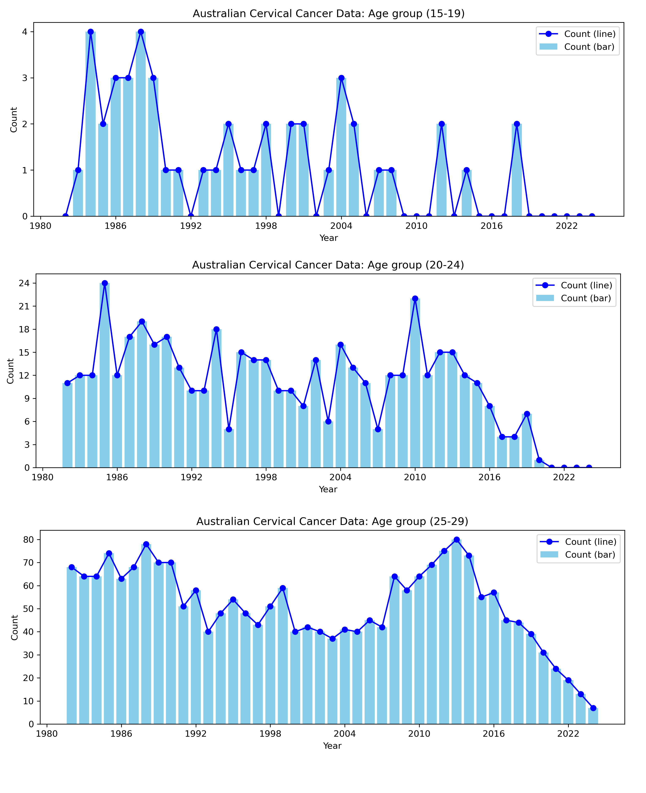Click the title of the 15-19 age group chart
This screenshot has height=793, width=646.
(x=328, y=14)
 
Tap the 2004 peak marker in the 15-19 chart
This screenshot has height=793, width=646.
(x=341, y=78)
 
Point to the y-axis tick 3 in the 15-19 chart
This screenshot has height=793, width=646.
(x=25, y=78)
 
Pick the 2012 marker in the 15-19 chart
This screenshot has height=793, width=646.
(x=441, y=124)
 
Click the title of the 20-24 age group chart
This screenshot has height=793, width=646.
(x=328, y=265)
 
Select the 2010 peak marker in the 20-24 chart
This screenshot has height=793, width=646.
(x=415, y=299)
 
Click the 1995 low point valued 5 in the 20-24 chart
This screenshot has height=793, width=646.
(x=229, y=429)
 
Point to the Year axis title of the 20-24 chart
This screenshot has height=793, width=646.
(x=328, y=489)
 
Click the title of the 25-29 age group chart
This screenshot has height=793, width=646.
(x=332, y=522)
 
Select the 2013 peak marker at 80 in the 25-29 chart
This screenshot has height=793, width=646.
(x=457, y=540)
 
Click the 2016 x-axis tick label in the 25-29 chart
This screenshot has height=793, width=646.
(x=493, y=734)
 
